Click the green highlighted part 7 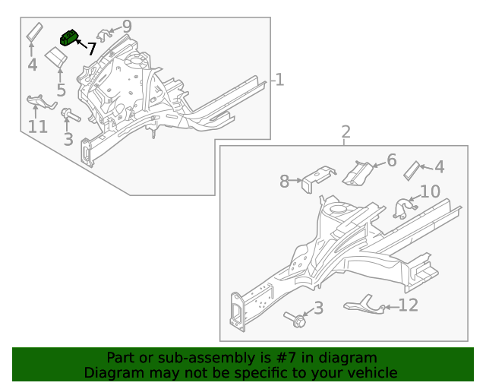coord(70,37)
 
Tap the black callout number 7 coord(91,50)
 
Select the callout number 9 coord(127,27)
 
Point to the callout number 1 coord(279,80)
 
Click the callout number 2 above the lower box coord(346,133)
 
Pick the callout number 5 coord(61,90)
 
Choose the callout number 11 coord(38,127)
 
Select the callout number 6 coord(392,160)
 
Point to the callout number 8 coord(285,182)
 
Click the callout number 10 coord(430,191)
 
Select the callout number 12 coord(409,306)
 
